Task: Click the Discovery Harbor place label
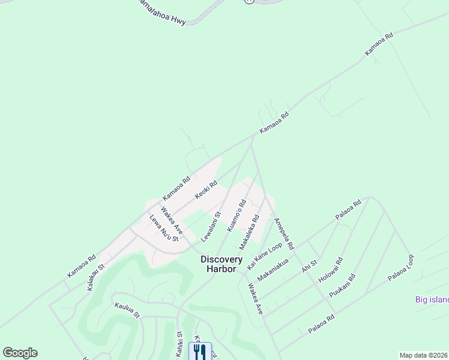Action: point(221,264)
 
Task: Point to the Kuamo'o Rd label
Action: point(237,216)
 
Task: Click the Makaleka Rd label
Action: point(249,233)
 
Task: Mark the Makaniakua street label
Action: point(273,270)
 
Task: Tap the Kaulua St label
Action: point(127,310)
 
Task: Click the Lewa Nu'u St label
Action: point(164,229)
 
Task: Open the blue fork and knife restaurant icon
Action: point(200,352)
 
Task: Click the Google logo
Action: point(20,353)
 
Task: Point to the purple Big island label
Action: point(432,299)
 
